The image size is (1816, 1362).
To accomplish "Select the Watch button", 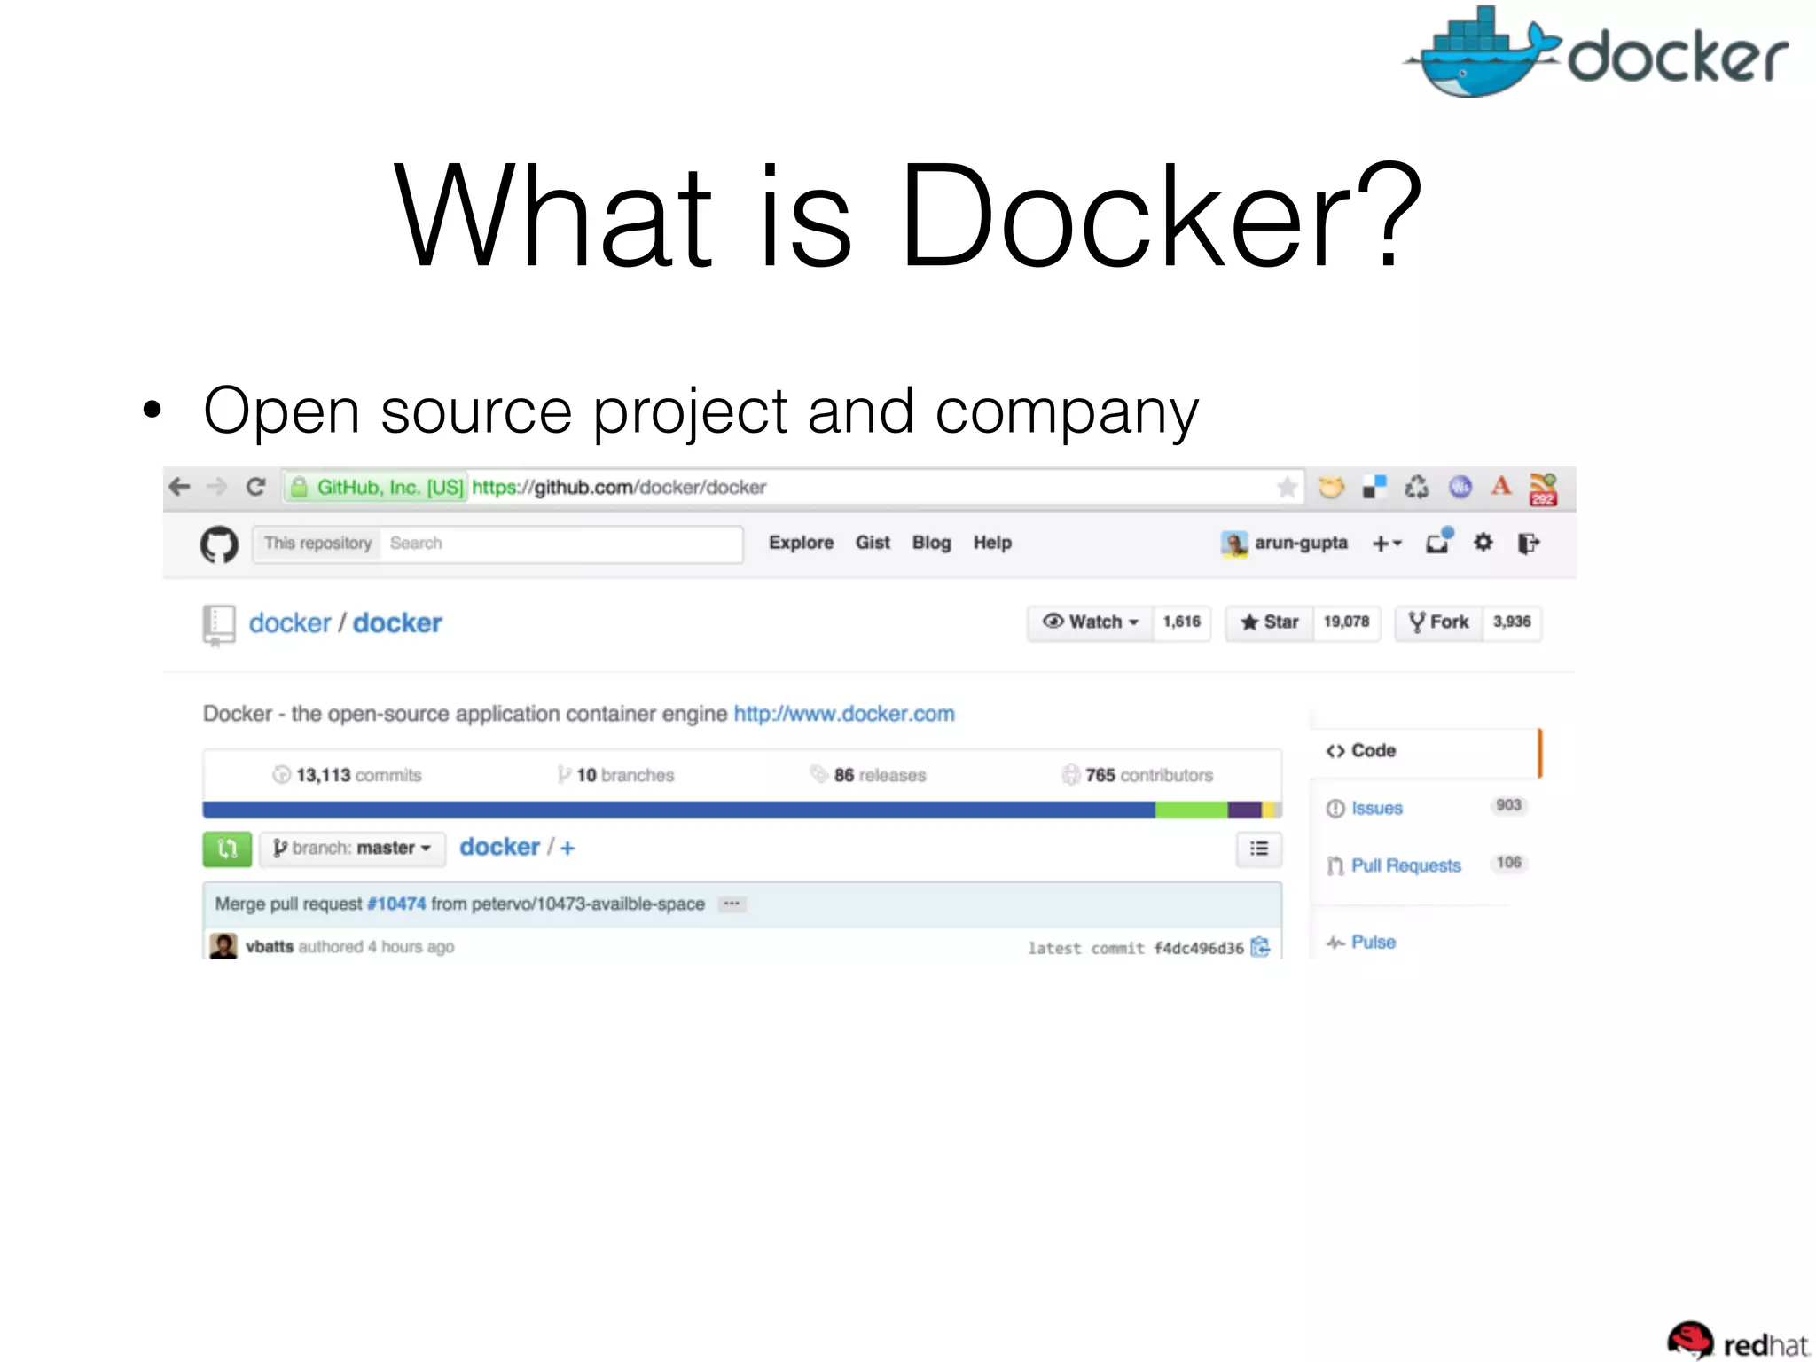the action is coord(1090,622).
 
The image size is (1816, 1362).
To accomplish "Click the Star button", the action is coord(1270,622).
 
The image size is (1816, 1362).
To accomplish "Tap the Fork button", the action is coord(1438,622).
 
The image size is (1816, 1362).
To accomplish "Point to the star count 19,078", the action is coord(1346,622).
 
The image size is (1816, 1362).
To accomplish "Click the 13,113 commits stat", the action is coord(348,775).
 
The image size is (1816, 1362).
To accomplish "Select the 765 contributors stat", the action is coord(1138,775).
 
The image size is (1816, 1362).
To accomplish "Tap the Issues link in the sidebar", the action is coord(1376,809).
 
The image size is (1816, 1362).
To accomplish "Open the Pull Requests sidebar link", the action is coord(1405,865).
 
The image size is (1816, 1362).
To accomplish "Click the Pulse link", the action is coord(1373,943).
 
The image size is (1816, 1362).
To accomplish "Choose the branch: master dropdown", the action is coord(352,849).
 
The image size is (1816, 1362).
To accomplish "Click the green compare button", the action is coord(227,849).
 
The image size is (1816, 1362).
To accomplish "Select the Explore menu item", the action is coord(801,543).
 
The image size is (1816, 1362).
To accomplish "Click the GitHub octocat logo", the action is coord(219,544).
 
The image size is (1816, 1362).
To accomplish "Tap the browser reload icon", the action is coord(256,487).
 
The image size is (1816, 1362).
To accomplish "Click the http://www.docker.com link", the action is coord(843,714).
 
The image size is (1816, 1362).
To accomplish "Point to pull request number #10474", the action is coord(396,904).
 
